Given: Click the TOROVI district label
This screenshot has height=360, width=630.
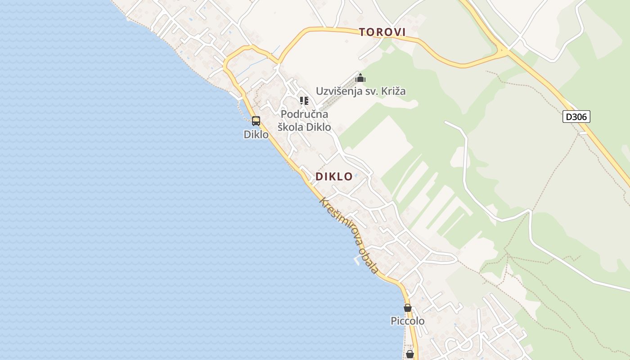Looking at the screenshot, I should [x=382, y=32].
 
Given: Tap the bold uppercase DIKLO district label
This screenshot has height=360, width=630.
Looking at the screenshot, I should [x=334, y=176].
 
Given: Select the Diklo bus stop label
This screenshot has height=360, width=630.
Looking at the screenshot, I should [x=256, y=134].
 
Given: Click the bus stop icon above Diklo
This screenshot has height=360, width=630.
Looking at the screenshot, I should [x=256, y=121].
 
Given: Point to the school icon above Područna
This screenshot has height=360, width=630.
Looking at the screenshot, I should [x=304, y=100].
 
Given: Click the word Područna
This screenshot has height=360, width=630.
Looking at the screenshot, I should [x=305, y=114].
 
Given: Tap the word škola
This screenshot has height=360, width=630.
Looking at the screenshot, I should [x=290, y=127].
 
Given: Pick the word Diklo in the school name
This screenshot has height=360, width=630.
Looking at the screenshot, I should [x=319, y=127].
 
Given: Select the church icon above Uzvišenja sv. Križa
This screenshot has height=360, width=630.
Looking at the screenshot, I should [x=360, y=78].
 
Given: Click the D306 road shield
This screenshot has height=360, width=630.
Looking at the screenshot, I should [x=576, y=117].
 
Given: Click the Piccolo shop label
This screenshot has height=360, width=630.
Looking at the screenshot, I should [x=407, y=321].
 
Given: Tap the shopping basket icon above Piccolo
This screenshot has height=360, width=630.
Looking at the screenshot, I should [x=408, y=308].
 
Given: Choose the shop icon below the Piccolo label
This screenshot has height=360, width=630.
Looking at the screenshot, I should [x=410, y=354].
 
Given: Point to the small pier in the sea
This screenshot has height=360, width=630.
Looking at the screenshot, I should [x=358, y=260].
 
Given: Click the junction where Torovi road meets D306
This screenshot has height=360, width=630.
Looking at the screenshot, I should [x=503, y=50].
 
